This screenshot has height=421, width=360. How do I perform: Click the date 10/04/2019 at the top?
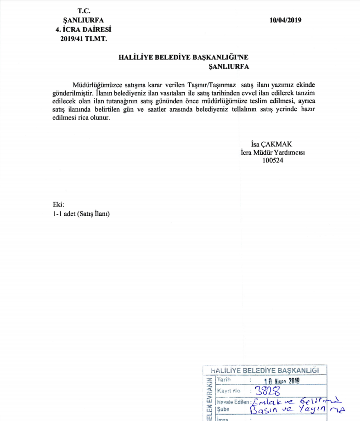pyautogui.click(x=286, y=20)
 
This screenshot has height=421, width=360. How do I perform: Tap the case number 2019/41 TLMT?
pyautogui.click(x=84, y=39)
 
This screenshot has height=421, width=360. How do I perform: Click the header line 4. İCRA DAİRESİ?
pyautogui.click(x=84, y=30)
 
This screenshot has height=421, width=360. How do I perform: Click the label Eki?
pyautogui.click(x=58, y=205)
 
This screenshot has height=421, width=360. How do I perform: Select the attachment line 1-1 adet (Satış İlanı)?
pyautogui.click(x=82, y=214)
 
